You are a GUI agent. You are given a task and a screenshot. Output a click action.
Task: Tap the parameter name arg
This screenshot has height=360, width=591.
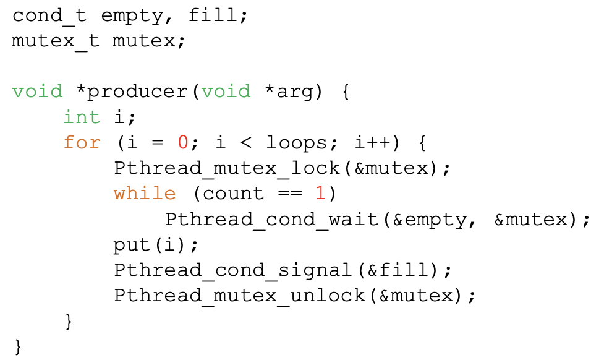[x=295, y=92]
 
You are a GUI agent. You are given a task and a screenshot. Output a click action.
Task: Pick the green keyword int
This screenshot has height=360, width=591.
[x=82, y=117]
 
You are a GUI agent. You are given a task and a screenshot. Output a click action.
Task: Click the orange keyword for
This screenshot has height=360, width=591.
[x=82, y=142]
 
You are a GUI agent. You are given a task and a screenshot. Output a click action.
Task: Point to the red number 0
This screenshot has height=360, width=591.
[x=182, y=142]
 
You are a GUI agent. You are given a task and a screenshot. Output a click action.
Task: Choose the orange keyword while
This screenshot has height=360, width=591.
[x=145, y=193]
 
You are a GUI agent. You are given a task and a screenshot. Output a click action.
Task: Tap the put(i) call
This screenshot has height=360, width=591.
[x=151, y=244]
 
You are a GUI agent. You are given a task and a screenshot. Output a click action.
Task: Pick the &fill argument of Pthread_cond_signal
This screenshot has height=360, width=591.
[x=402, y=270]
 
